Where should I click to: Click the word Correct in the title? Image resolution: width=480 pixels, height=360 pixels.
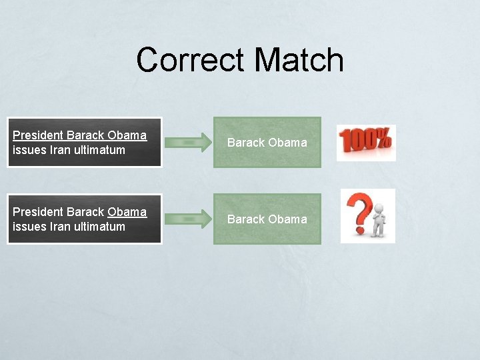tap(191, 60)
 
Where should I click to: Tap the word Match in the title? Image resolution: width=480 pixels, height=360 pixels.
tap(299, 60)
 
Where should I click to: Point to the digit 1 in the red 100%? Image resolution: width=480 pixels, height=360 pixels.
tap(345, 141)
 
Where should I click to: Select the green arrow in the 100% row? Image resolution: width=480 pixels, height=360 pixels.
tap(188, 142)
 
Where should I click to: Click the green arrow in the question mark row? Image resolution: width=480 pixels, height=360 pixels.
tap(188, 219)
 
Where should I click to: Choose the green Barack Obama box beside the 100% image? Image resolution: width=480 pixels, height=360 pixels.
tap(267, 142)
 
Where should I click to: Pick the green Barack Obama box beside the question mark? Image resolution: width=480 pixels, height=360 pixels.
tap(267, 219)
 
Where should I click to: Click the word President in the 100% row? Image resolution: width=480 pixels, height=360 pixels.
tap(37, 135)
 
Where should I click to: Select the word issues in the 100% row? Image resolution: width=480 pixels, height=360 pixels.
tap(29, 150)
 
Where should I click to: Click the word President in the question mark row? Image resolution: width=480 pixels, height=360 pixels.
tap(37, 212)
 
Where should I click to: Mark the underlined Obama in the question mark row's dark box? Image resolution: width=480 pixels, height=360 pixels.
tap(127, 212)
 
